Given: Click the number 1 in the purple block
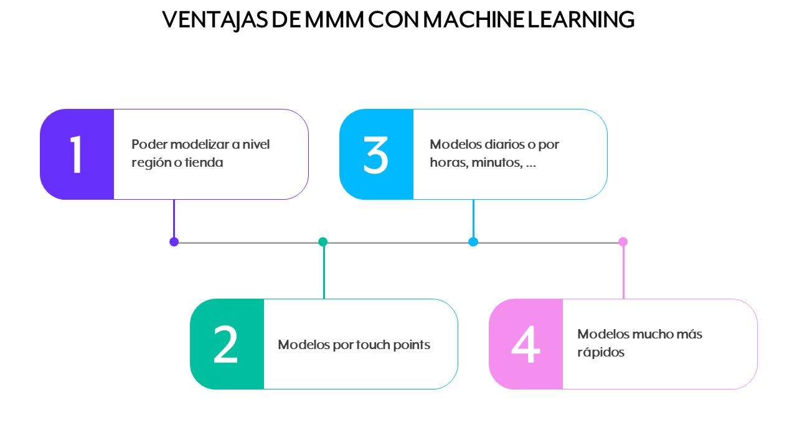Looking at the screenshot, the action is coord(76,155).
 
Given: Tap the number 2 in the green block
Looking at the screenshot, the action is coord(225,345).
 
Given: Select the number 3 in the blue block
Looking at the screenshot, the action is coord(375,155).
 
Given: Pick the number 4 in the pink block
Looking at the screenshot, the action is coord(526,345).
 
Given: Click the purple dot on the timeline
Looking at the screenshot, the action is coord(174,242).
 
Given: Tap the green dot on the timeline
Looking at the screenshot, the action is coord(323,242).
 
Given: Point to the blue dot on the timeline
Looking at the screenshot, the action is coord(473,242).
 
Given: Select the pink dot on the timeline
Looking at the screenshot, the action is coord(623,242).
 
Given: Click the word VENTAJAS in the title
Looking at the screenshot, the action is coord(215,21).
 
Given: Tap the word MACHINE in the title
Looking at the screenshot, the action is coord(474,19).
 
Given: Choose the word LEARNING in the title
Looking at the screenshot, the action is coord(582,19).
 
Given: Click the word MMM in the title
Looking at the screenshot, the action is coord(334,19).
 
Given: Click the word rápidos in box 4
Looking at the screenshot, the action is coord(601,353).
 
